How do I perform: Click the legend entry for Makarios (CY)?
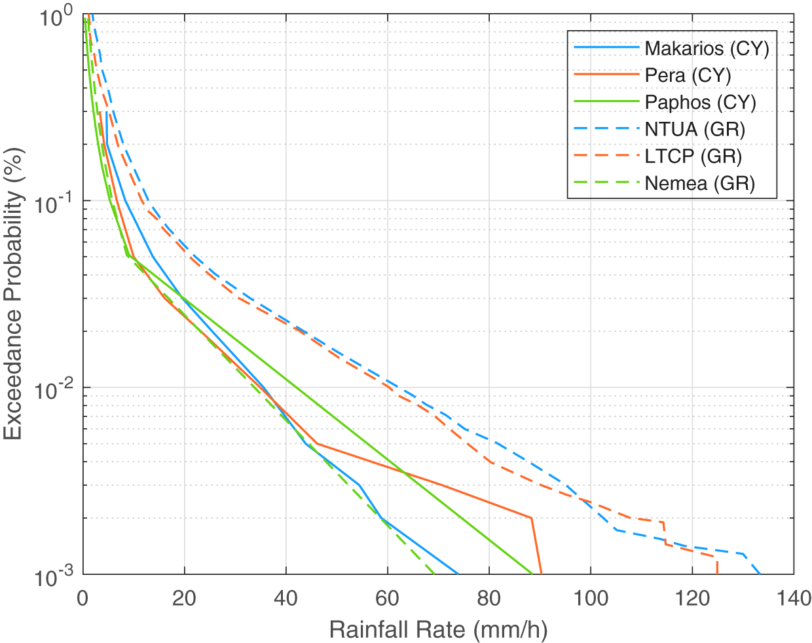point(706,48)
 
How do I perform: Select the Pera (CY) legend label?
point(687,75)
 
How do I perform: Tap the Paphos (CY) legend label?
point(700,102)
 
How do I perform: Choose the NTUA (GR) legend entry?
point(694,129)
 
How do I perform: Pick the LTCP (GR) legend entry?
point(693,156)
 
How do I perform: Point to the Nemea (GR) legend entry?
point(699,183)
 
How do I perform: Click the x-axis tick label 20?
point(184,598)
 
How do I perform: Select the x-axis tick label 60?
point(388,598)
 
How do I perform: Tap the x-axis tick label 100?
point(591,598)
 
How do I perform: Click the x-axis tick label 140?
point(793,598)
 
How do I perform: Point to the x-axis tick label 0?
point(83,598)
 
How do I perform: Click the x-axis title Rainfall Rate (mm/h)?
point(438,629)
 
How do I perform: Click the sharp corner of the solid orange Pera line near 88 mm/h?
point(531,518)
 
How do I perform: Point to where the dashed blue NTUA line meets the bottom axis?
point(760,574)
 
